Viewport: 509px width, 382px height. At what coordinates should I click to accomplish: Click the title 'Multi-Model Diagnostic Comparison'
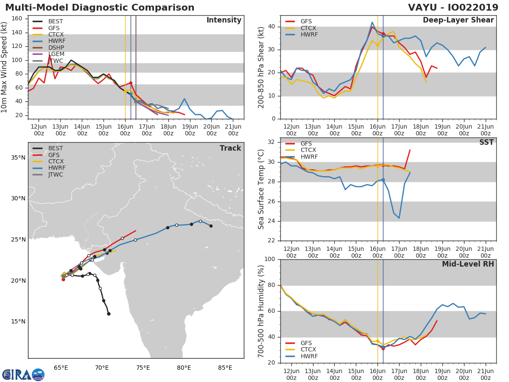100,8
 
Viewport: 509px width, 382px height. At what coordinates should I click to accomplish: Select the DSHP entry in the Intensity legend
56,48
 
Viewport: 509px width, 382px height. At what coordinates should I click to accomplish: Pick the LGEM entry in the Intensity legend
56,54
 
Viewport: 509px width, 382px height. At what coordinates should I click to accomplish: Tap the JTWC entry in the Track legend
56,174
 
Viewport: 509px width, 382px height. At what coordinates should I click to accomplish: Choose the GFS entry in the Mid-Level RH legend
306,343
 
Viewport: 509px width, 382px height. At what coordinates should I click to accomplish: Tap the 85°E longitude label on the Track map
225,368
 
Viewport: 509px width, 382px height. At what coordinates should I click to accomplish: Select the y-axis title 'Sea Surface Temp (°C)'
261,189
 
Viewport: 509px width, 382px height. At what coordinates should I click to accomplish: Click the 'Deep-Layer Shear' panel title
458,20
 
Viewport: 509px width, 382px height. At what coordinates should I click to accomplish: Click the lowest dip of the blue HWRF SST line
399,218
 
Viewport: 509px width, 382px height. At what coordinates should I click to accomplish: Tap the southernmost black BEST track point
109,314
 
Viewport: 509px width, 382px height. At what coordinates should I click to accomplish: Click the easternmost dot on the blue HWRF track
211,226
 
